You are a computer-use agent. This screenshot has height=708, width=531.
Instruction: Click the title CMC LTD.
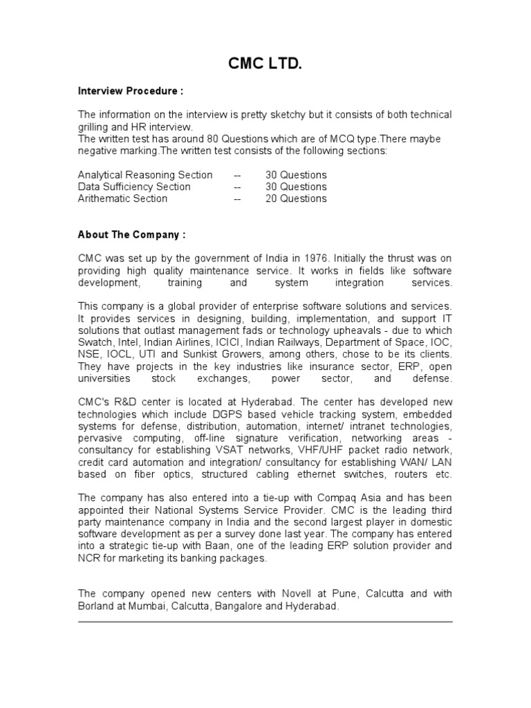pyautogui.click(x=265, y=65)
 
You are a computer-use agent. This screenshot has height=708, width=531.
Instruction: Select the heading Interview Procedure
pyautogui.click(x=131, y=91)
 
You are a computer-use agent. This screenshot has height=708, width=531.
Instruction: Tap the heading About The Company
pyautogui.click(x=131, y=234)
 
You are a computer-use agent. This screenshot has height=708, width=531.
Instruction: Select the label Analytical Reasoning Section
pyautogui.click(x=145, y=175)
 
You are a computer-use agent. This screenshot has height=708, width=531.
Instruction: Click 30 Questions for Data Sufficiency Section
pyautogui.click(x=296, y=187)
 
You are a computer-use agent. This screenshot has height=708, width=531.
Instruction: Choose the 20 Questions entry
pyautogui.click(x=296, y=198)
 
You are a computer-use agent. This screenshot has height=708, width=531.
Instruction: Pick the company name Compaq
pyautogui.click(x=337, y=498)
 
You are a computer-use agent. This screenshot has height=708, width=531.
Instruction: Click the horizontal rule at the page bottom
pyautogui.click(x=265, y=622)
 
